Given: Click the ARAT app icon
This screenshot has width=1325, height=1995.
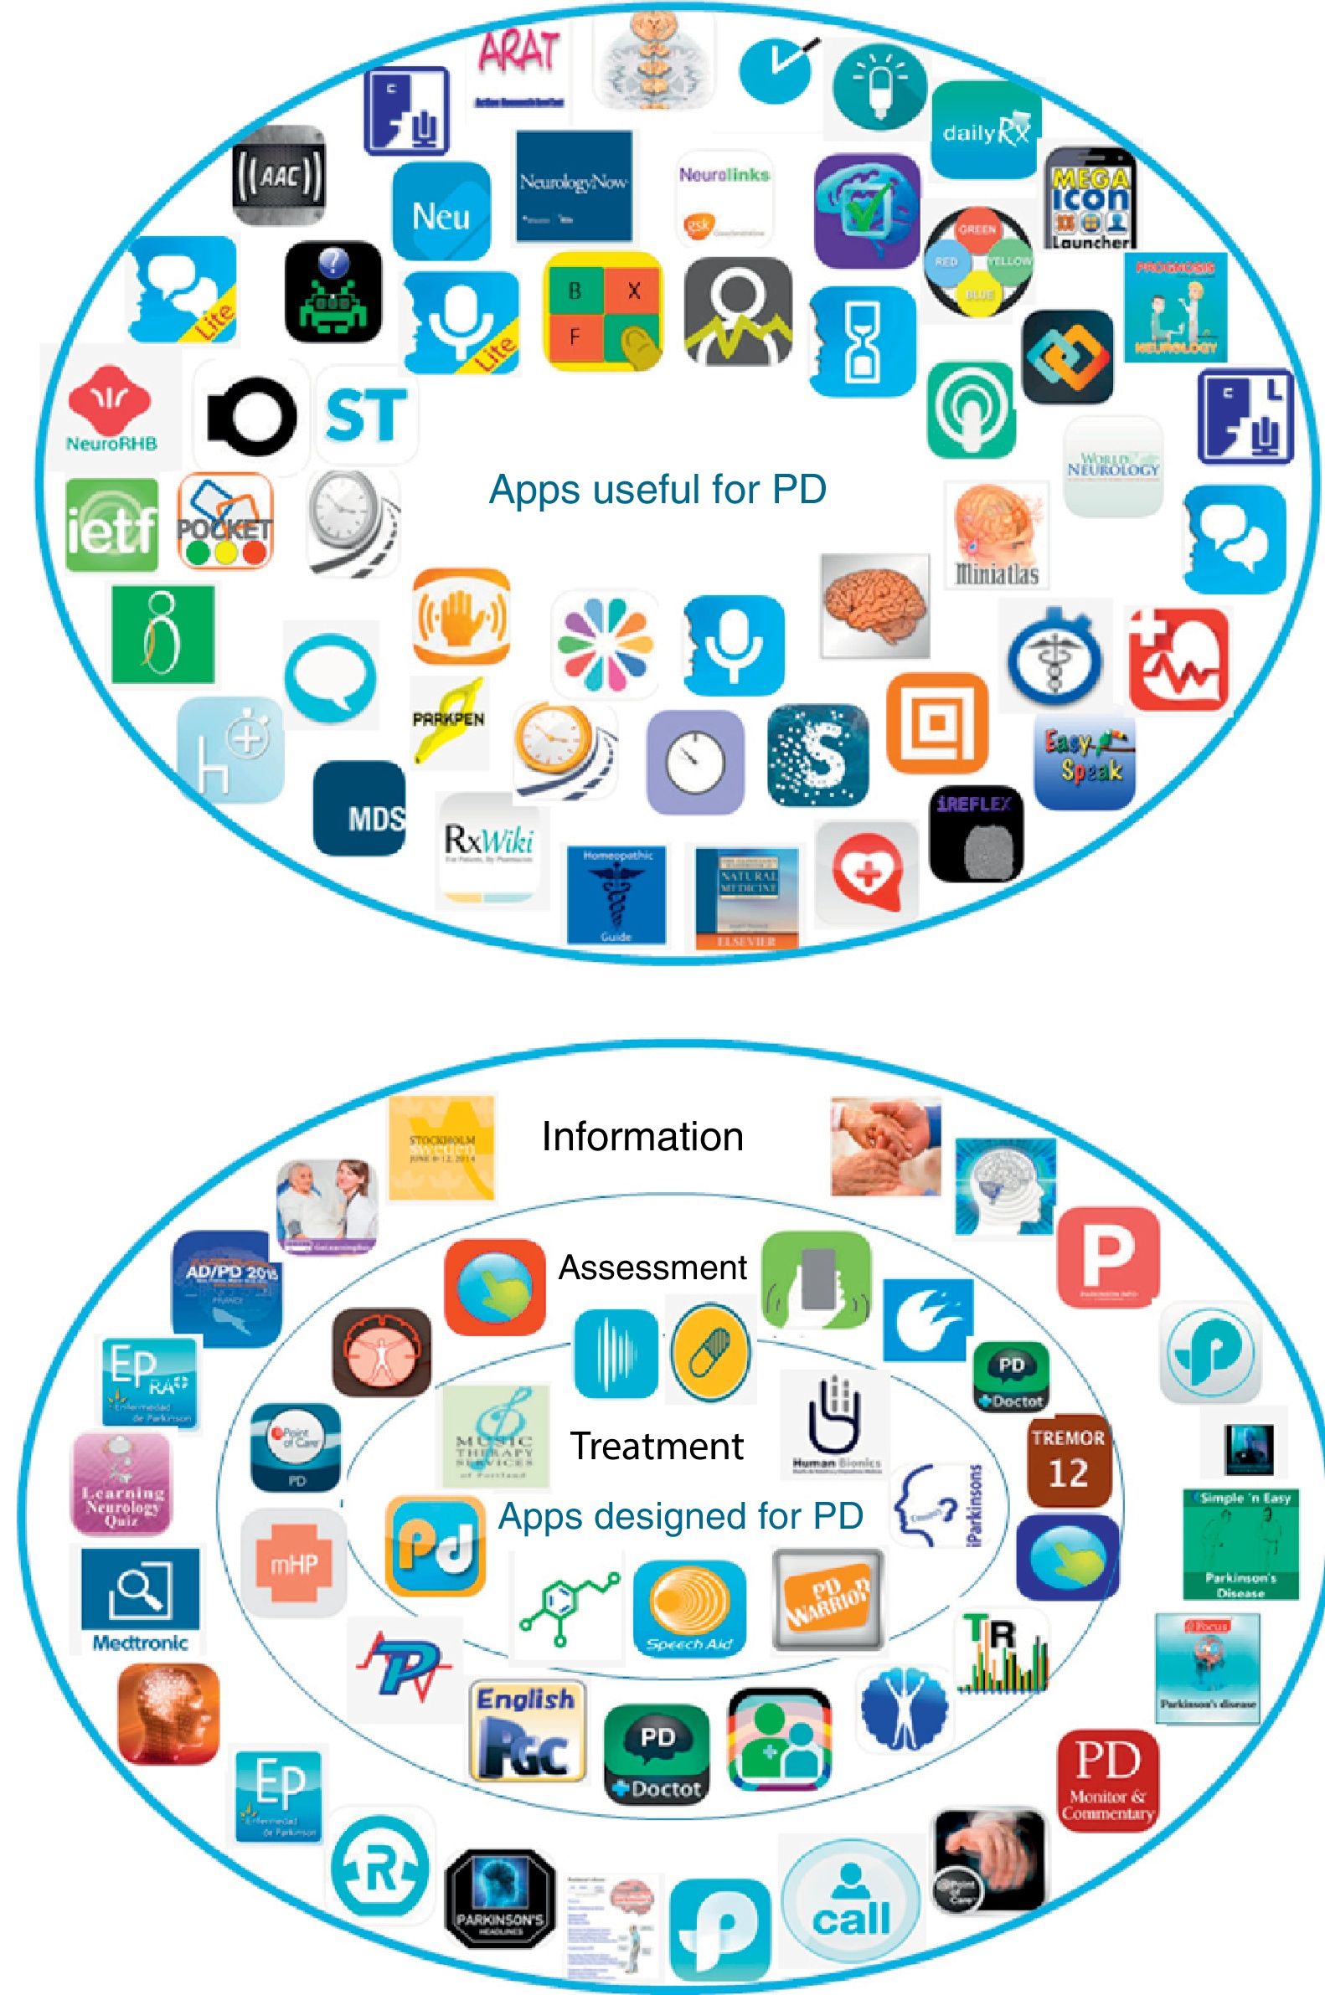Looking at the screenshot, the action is click(x=518, y=64).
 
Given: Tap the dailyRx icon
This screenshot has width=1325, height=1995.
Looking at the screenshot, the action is click(x=985, y=130).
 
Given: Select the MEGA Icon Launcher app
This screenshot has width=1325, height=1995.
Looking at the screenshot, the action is click(x=1090, y=199).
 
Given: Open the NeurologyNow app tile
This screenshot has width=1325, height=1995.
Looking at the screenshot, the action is click(x=574, y=185).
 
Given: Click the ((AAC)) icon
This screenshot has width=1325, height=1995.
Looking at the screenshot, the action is click(x=278, y=177).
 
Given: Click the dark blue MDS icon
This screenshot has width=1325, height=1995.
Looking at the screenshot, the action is click(x=359, y=807).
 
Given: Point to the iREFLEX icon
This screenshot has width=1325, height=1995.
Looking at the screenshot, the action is click(x=975, y=833).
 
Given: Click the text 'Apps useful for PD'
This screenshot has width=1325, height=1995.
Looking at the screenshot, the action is click(x=657, y=489).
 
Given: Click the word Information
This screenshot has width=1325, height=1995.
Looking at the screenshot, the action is click(x=642, y=1136).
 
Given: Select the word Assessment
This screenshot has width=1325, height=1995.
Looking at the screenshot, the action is click(x=652, y=1267).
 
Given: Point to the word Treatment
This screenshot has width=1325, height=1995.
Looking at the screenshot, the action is click(x=657, y=1445).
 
